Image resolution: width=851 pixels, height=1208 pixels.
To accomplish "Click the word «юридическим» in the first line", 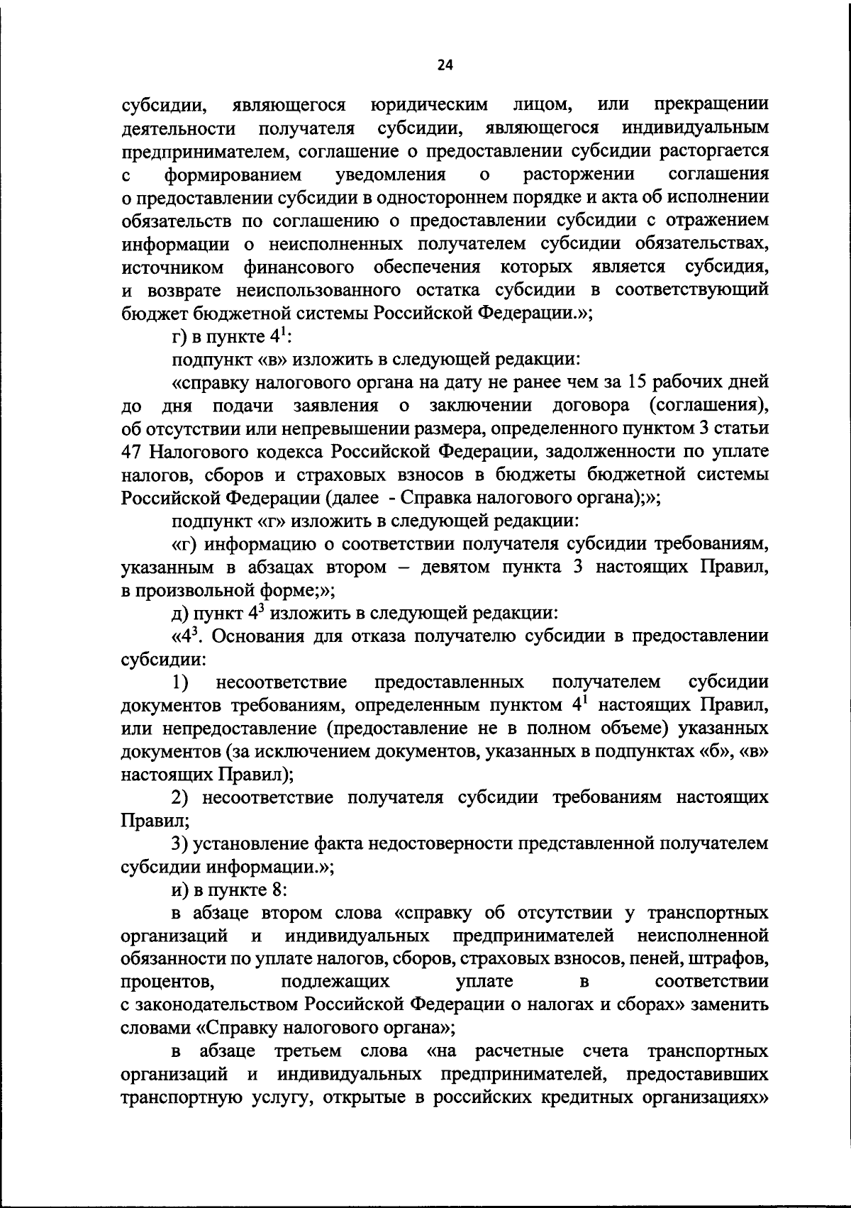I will (x=430, y=105).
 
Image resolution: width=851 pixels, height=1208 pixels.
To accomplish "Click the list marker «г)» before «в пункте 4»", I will (x=179, y=336).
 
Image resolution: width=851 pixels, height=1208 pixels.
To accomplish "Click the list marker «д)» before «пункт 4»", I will (x=179, y=613).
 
